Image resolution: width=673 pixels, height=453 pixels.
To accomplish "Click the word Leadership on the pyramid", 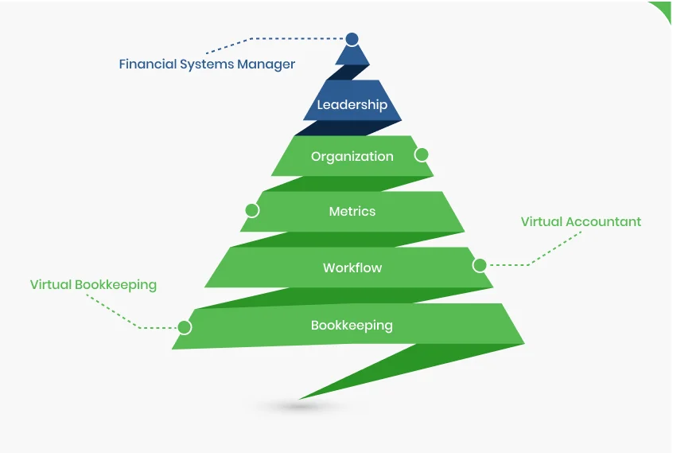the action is (352, 105).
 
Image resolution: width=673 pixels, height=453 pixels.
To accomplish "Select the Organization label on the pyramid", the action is (352, 157).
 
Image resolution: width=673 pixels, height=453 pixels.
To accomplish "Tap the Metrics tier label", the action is (352, 211).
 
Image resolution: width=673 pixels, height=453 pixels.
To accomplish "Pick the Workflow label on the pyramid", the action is (352, 268).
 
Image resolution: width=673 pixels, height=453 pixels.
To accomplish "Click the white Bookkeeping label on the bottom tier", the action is (352, 326).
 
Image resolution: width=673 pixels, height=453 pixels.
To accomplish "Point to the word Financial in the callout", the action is (147, 64).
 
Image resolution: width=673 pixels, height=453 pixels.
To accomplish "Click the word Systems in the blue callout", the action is (207, 64).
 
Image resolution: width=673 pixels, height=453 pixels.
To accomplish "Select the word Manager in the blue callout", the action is (266, 64).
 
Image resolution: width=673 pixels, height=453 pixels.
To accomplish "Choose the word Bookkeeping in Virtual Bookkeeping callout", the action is (116, 285).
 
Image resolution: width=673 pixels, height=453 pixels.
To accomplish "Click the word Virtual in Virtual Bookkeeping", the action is (51, 285).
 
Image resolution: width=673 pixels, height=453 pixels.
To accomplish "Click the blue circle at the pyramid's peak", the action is (352, 39).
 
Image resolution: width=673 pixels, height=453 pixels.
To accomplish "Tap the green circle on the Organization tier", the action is (422, 154).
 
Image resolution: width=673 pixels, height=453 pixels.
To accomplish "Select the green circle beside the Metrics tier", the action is (252, 210).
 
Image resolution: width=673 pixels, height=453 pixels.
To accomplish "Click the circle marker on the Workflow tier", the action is (480, 265).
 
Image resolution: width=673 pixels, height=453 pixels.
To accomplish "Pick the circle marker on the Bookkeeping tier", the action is (185, 327).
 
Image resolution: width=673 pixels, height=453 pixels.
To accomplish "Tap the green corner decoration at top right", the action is (664, 10).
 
